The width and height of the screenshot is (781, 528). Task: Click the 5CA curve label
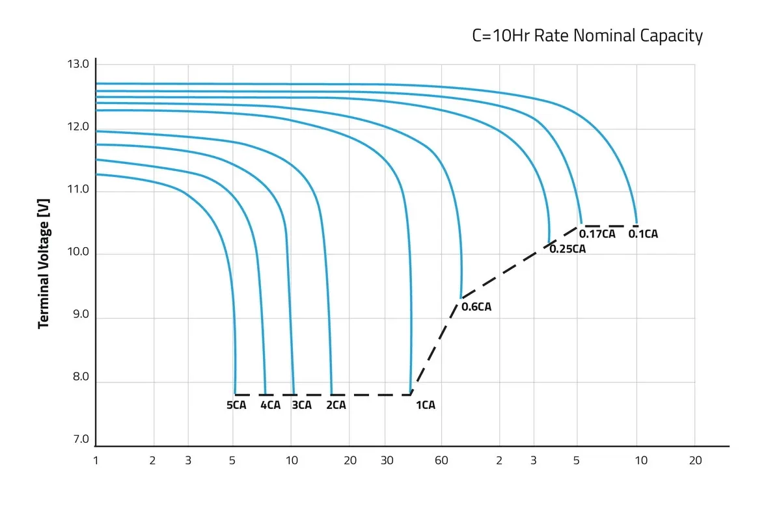[236, 405]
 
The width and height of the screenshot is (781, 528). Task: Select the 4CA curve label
[270, 405]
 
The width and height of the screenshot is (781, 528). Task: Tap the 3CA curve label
[301, 405]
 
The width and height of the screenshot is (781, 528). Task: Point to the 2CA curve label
[336, 405]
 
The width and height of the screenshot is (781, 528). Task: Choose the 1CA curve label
[425, 405]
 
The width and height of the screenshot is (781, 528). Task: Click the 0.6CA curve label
[476, 307]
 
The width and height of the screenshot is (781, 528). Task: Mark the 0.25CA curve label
[568, 248]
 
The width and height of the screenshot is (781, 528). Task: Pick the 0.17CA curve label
[597, 234]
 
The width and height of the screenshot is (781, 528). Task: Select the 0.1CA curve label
[643, 234]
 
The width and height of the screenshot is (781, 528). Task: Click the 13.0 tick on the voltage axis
[78, 64]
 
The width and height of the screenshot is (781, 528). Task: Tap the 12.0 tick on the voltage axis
[78, 127]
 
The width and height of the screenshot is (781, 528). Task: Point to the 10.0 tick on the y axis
[78, 253]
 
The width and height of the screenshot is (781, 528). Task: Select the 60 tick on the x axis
[441, 460]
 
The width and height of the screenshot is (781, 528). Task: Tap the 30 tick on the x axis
[387, 460]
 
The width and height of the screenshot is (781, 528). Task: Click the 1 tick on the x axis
[96, 460]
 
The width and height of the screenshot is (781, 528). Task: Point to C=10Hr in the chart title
[499, 36]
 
